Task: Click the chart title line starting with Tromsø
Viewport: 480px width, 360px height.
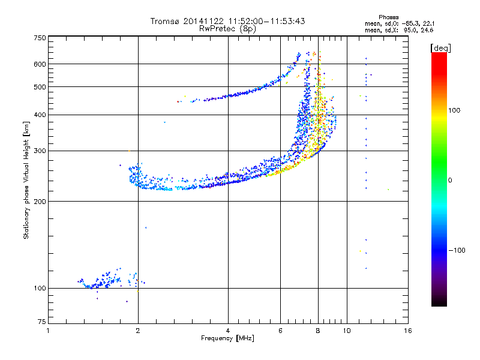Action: click(x=227, y=21)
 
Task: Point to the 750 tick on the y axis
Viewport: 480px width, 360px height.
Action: click(x=40, y=38)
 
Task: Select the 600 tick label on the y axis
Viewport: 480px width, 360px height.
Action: click(x=40, y=64)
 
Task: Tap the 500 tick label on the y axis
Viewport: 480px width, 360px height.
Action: click(x=40, y=87)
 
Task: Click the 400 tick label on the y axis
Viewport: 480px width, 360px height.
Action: click(x=40, y=115)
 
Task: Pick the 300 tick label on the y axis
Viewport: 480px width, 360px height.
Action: click(x=40, y=151)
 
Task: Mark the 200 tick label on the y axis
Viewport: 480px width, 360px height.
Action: click(x=40, y=202)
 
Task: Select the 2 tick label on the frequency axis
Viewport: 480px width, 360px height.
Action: click(x=138, y=331)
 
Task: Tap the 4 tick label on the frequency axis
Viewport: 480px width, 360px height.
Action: click(x=228, y=331)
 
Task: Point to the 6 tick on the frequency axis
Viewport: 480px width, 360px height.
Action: click(x=280, y=331)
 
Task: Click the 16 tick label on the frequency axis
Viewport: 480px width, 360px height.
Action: click(x=407, y=331)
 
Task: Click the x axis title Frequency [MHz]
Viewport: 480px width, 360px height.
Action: click(x=227, y=338)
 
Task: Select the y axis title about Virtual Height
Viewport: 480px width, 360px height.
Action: click(x=26, y=180)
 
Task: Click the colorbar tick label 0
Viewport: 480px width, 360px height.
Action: click(x=450, y=180)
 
